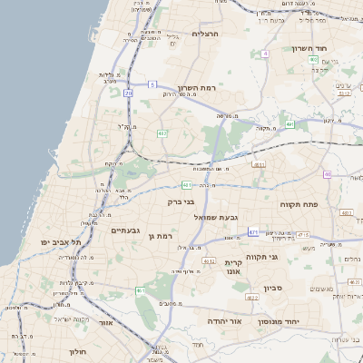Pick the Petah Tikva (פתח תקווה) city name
(299, 204)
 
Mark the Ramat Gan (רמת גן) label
(159, 236)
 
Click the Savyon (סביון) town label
(273, 289)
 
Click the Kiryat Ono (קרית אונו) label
(232, 269)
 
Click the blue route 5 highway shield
(152, 84)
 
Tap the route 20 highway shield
(129, 93)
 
